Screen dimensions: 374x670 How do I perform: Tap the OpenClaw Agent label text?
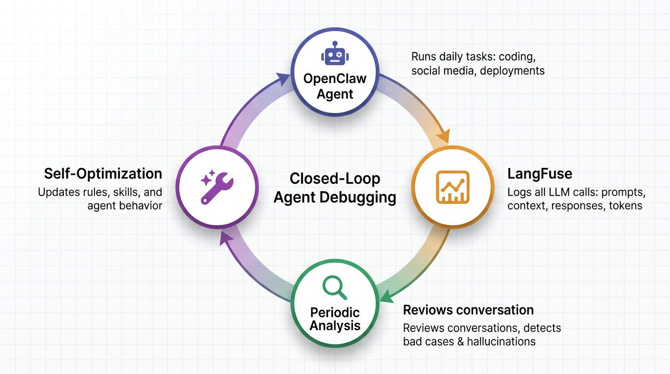(x=335, y=86)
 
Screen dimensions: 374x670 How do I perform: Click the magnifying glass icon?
(x=335, y=287)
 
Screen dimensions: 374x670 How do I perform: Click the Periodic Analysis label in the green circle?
(x=335, y=318)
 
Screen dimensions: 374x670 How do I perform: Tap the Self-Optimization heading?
(x=103, y=173)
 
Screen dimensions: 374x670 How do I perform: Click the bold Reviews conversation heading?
(x=468, y=310)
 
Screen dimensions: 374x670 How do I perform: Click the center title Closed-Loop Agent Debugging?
(x=335, y=187)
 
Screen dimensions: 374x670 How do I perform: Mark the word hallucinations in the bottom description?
(x=501, y=341)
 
